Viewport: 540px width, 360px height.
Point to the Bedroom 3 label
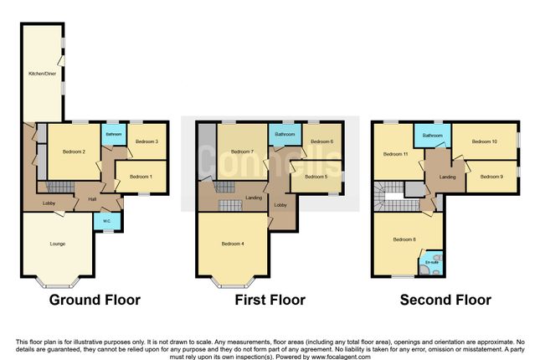pyautogui.click(x=147, y=141)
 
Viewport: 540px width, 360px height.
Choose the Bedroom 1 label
pyautogui.click(x=140, y=177)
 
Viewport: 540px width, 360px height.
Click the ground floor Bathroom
pyautogui.click(x=113, y=134)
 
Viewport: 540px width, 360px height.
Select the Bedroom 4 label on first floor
pyautogui.click(x=233, y=244)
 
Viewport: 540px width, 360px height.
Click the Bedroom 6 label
pyautogui.click(x=321, y=141)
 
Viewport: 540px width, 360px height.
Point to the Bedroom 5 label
pyautogui.click(x=315, y=177)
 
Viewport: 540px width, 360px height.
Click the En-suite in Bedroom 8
pyautogui.click(x=432, y=262)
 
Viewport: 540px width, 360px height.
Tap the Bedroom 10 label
pyautogui.click(x=484, y=141)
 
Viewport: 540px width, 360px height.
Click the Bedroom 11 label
pyautogui.click(x=395, y=154)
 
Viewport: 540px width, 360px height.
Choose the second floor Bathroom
pyautogui.click(x=432, y=135)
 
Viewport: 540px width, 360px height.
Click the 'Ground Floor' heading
pyautogui.click(x=95, y=300)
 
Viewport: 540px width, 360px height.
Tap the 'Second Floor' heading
pyautogui.click(x=445, y=300)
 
